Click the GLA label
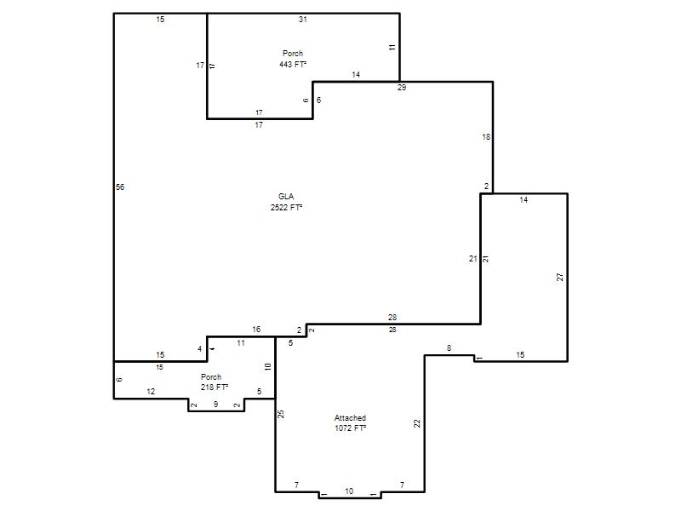point(286,197)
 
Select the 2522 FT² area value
point(286,207)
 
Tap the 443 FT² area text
point(293,65)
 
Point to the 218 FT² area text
point(215,388)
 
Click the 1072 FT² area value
point(350,428)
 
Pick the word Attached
point(350,417)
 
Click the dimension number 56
point(120,187)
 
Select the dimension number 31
point(303,19)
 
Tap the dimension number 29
point(402,88)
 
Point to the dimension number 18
point(486,137)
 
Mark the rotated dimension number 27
point(560,277)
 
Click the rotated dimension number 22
point(417,423)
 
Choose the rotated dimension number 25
point(281,414)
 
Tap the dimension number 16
point(256,330)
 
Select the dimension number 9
point(216,404)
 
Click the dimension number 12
point(151,392)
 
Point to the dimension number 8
point(449,348)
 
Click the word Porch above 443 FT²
point(293,54)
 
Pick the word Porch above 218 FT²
point(211,376)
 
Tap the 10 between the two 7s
point(349,491)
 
